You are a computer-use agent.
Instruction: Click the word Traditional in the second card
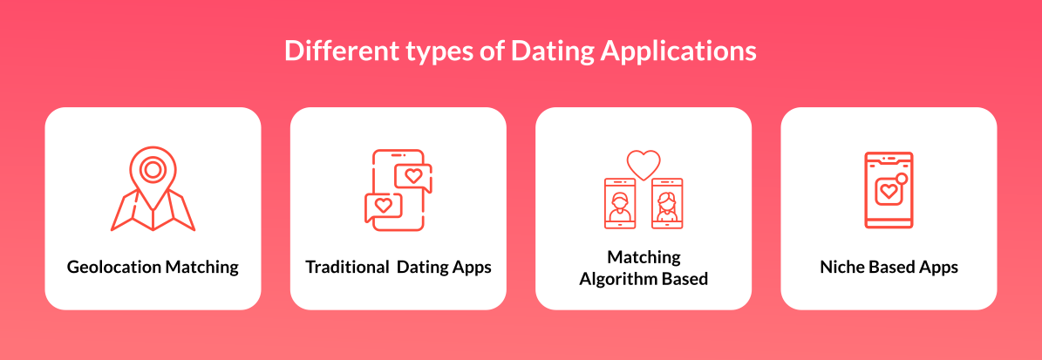click(x=346, y=268)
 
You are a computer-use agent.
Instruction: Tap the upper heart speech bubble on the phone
click(x=413, y=175)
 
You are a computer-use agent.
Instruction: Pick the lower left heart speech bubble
click(x=383, y=206)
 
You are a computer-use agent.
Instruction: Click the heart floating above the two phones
click(x=644, y=164)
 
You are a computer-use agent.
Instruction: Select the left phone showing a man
click(x=620, y=203)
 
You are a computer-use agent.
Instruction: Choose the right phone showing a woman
click(x=667, y=203)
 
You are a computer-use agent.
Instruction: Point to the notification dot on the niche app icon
click(x=902, y=179)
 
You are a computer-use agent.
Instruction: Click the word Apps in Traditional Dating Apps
click(x=471, y=268)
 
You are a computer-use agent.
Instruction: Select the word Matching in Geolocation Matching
click(x=201, y=268)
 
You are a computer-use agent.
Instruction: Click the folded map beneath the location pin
click(x=153, y=214)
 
